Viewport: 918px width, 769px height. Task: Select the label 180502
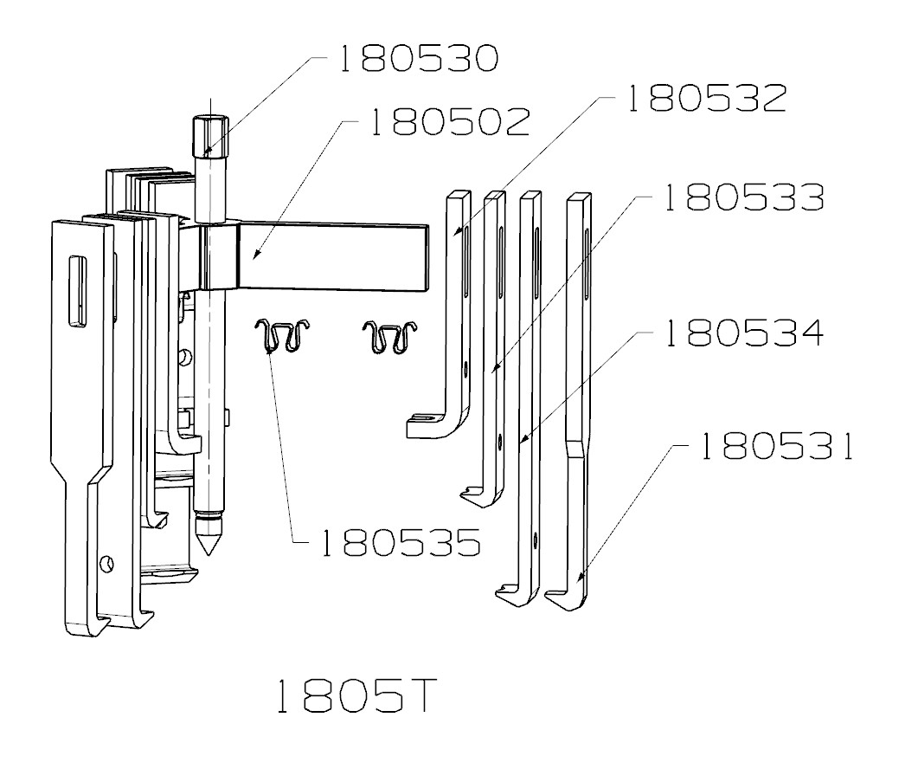pyautogui.click(x=449, y=124)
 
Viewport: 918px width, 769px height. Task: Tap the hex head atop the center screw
pyautogui.click(x=208, y=135)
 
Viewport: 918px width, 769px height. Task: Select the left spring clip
pyautogui.click(x=283, y=336)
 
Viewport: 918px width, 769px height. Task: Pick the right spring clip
pyautogui.click(x=390, y=337)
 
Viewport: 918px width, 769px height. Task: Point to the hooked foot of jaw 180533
pyautogui.click(x=481, y=495)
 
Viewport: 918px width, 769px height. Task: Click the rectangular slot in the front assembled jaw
pyautogui.click(x=77, y=292)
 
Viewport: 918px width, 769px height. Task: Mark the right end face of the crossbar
pyautogui.click(x=425, y=255)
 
